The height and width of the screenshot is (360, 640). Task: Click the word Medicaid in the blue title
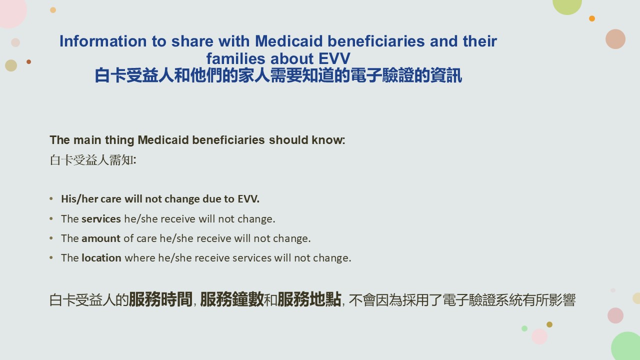click(x=288, y=41)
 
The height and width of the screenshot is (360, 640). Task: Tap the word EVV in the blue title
click(x=334, y=58)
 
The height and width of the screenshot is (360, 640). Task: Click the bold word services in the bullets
click(x=101, y=219)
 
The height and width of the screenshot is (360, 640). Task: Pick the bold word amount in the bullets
click(x=101, y=238)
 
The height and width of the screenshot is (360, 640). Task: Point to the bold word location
click(x=101, y=258)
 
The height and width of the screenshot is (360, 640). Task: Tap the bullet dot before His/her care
click(x=51, y=198)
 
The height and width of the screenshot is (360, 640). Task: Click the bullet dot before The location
click(x=51, y=257)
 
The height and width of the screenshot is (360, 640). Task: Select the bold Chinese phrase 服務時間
click(x=160, y=299)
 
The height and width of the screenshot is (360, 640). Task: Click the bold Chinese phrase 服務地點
click(x=309, y=299)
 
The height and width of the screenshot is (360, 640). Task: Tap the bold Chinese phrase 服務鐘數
click(x=232, y=299)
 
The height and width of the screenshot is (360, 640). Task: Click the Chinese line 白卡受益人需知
click(x=93, y=159)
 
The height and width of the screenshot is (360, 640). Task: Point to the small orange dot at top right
click(x=592, y=18)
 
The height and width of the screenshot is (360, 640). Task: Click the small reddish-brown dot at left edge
click(x=28, y=61)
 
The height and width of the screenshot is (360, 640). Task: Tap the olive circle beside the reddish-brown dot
click(x=11, y=65)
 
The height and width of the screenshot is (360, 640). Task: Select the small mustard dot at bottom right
click(x=549, y=324)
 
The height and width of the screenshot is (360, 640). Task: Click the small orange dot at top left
click(x=53, y=10)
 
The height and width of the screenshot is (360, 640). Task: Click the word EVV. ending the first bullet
click(x=248, y=199)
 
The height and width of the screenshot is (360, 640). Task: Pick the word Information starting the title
click(x=103, y=41)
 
